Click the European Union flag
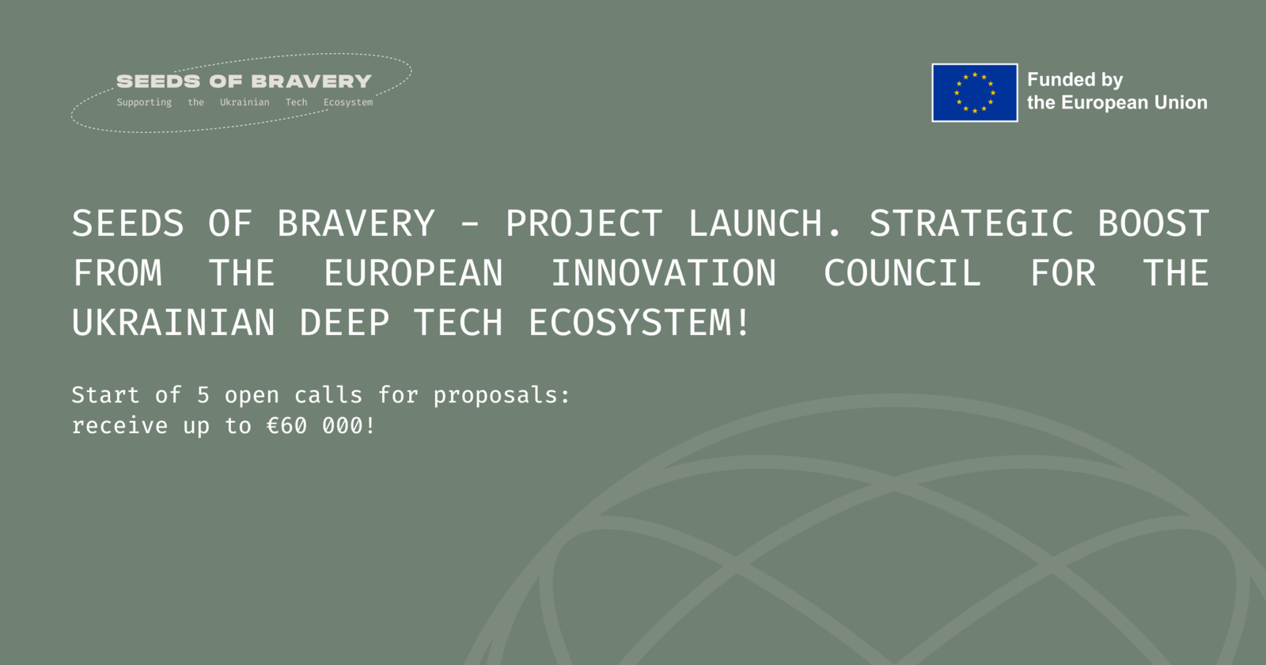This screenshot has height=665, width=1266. click(974, 93)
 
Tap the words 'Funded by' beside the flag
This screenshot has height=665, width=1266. click(1075, 80)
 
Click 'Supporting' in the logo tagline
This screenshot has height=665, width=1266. click(144, 102)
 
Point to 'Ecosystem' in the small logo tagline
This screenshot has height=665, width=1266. click(348, 102)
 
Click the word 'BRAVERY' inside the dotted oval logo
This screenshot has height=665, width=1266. click(312, 82)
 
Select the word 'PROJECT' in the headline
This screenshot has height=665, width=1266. click(583, 223)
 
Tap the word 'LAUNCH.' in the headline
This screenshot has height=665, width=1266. click(764, 223)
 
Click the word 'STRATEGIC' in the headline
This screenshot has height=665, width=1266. click(970, 223)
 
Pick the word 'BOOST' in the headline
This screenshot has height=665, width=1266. click(1154, 223)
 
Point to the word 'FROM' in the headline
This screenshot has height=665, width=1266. click(118, 273)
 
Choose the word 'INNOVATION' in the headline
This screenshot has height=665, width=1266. click(664, 273)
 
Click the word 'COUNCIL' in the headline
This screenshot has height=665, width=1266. click(902, 273)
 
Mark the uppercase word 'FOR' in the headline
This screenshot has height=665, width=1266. click(1063, 273)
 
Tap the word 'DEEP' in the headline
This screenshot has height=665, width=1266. click(344, 323)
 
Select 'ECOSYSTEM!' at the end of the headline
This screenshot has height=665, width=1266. click(639, 323)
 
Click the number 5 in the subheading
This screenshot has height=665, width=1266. click(203, 395)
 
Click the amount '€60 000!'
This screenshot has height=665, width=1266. click(320, 426)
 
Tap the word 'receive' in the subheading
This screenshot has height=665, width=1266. click(119, 426)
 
